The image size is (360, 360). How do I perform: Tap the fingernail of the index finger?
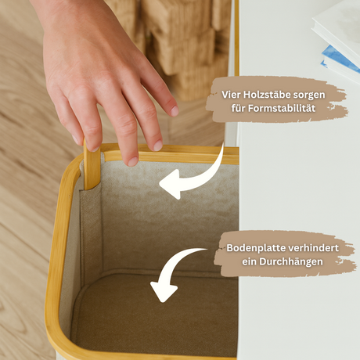(131, 160)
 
